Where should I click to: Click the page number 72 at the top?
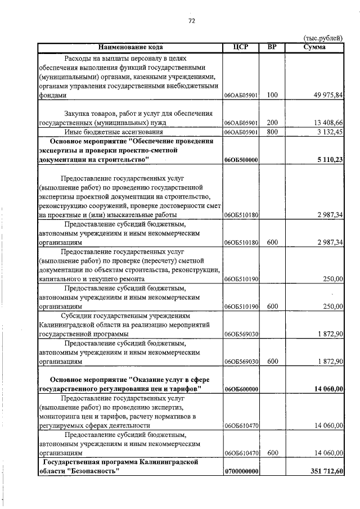pyautogui.click(x=191, y=21)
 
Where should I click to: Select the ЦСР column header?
pyautogui.click(x=241, y=47)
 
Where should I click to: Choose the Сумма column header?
pyautogui.click(x=314, y=47)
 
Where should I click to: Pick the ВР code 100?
pyautogui.click(x=272, y=96)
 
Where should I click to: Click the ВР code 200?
pyautogui.click(x=272, y=122)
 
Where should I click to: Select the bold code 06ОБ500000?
pyautogui.click(x=241, y=160)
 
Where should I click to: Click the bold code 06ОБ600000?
pyautogui.click(x=241, y=389)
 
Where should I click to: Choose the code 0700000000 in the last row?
pyautogui.click(x=241, y=471)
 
